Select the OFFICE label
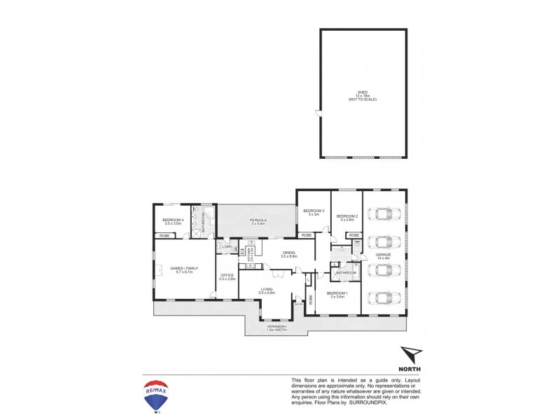pos(226,276)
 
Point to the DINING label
pos(289,253)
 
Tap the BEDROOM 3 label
pos(312,211)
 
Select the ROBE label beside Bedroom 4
pos(164,236)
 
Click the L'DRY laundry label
pos(227,247)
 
